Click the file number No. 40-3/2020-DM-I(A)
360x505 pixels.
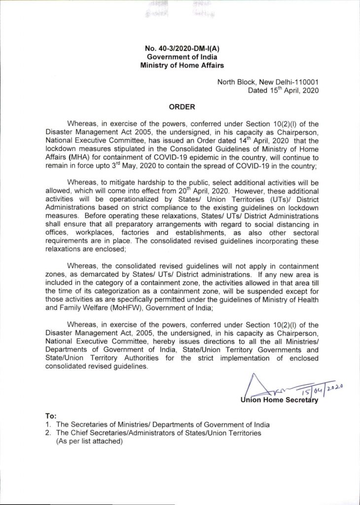coord(180,48)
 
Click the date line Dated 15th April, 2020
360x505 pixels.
coord(285,90)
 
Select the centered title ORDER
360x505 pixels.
coord(179,106)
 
